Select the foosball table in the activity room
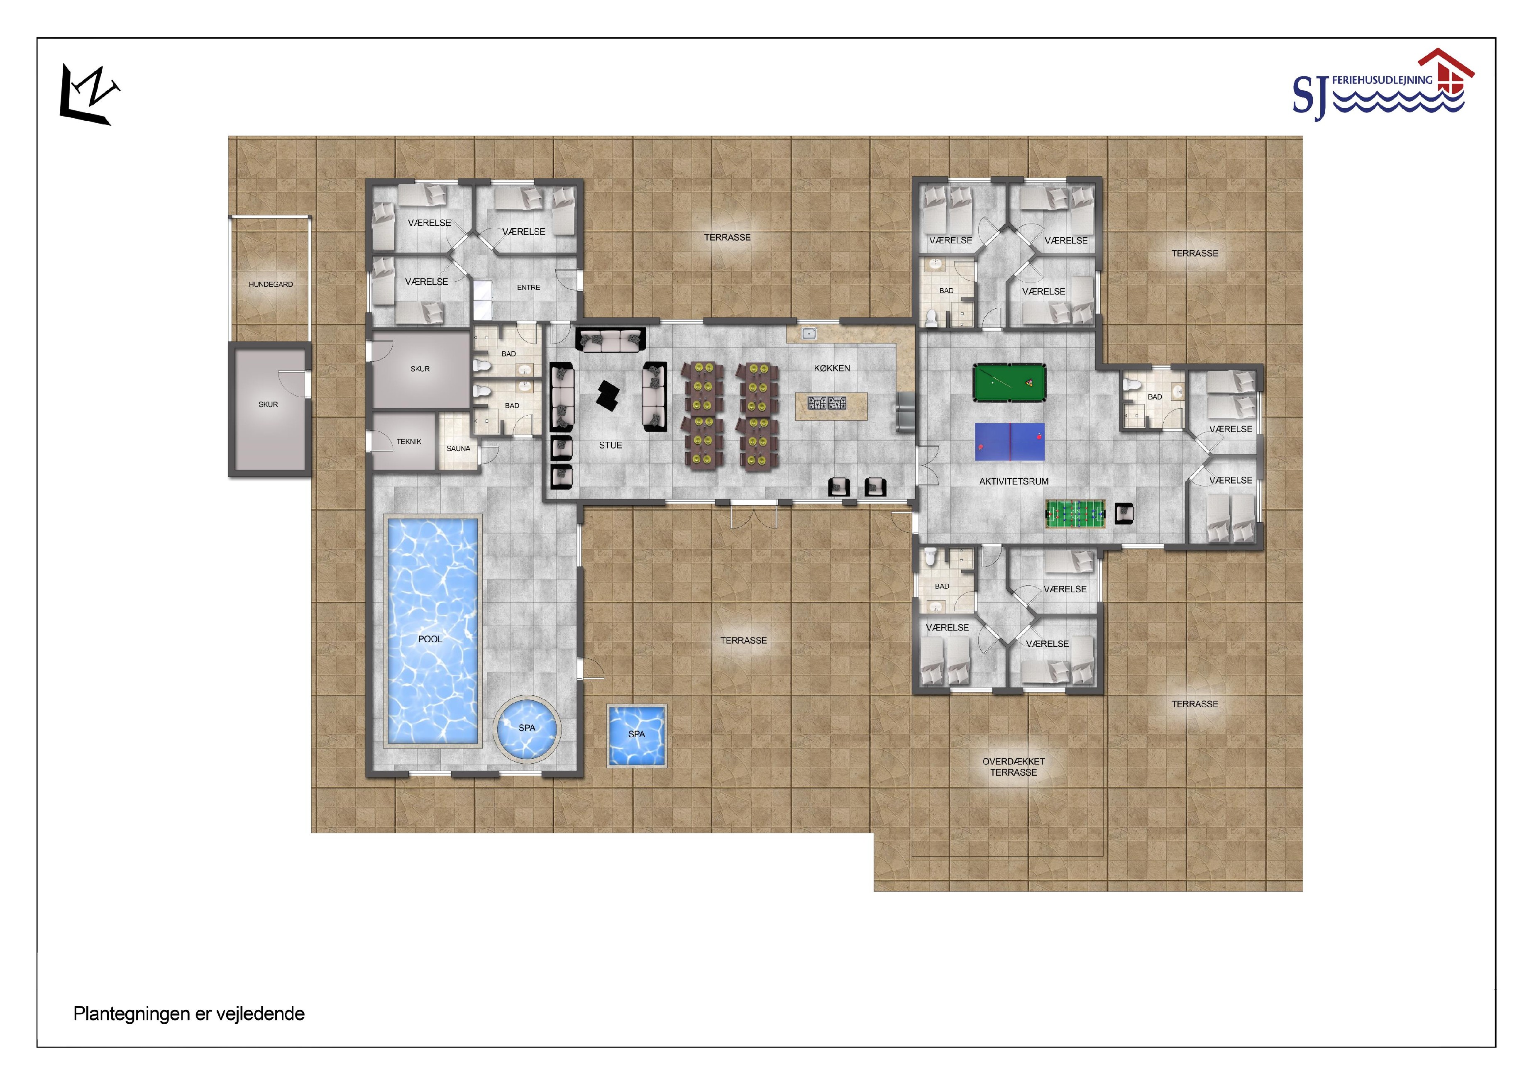[1075, 514]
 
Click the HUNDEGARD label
[271, 285]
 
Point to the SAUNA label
[458, 449]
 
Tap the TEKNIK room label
[409, 441]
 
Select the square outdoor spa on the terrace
[637, 736]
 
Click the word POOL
[430, 639]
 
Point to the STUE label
[611, 446]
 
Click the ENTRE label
[528, 288]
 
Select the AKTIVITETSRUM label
[1014, 482]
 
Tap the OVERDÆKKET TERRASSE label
[1014, 767]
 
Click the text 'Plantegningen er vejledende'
[189, 1014]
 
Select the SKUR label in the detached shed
[269, 405]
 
